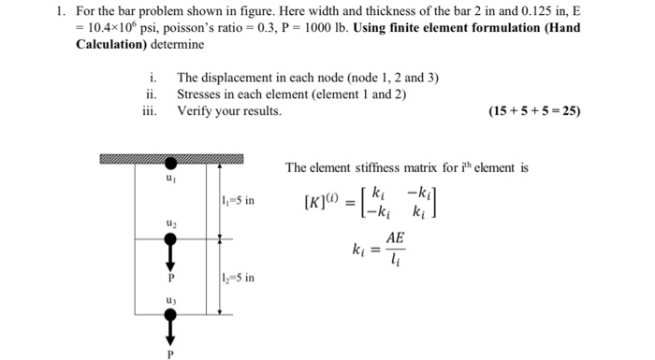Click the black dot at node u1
pyautogui.click(x=169, y=163)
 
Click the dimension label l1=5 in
pyautogui.click(x=238, y=200)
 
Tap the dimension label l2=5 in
pyautogui.click(x=238, y=277)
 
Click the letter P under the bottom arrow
pyautogui.click(x=169, y=354)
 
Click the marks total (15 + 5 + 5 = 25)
pyautogui.click(x=534, y=112)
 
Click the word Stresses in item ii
pyautogui.click(x=201, y=94)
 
